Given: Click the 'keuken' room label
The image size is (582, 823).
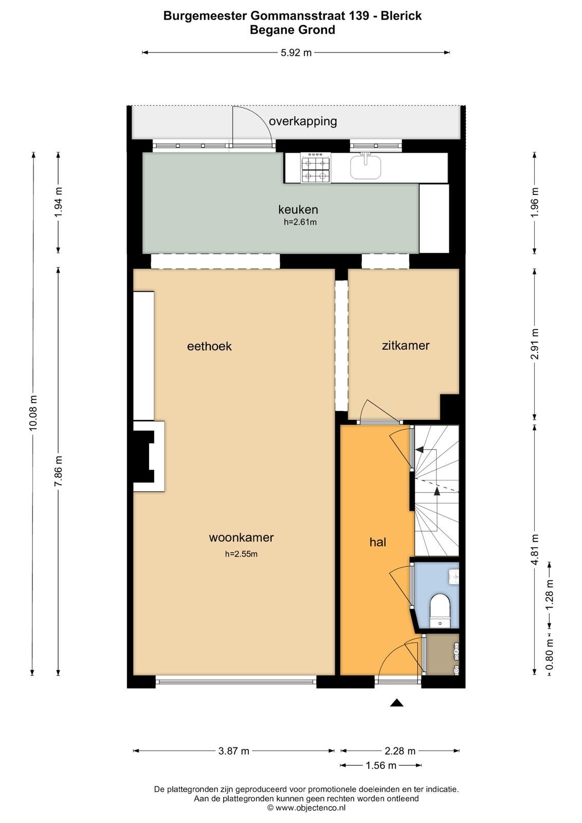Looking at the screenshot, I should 298,209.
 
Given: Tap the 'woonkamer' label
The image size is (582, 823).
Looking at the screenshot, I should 241,538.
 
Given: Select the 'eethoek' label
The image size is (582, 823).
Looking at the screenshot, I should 209,346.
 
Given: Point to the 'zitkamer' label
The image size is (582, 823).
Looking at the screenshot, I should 405,345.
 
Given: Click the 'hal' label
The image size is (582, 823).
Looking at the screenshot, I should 377,542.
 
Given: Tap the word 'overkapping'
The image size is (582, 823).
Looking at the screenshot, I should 303,121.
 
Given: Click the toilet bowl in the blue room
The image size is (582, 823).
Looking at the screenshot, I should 440,607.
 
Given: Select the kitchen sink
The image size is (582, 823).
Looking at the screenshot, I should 366,166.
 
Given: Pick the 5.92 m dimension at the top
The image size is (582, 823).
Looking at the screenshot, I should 296,52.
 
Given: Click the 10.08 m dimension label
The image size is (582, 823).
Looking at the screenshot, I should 33,413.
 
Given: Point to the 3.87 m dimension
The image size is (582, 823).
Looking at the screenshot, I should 233,751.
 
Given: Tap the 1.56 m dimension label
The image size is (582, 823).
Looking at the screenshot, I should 380,765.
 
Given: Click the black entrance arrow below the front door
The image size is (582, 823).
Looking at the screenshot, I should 396,703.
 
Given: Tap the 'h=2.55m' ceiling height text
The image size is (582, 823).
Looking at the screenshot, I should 241,554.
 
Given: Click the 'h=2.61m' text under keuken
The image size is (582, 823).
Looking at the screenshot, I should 300,222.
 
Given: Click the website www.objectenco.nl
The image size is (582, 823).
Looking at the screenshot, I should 310,808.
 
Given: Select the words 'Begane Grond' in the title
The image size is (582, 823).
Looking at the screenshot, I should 292,30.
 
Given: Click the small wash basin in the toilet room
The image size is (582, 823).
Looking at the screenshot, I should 453,576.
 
